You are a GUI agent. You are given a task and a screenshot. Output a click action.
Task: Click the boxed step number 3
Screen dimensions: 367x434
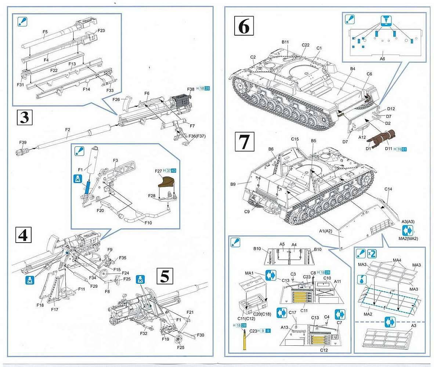pyautogui.click(x=24, y=118)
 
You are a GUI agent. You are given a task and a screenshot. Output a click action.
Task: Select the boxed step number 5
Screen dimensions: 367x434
pyautogui.click(x=164, y=276)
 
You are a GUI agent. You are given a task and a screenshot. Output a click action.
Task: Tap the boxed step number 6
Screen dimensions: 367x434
pyautogui.click(x=244, y=26)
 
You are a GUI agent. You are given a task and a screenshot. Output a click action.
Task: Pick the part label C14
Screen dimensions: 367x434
pyautogui.click(x=388, y=189)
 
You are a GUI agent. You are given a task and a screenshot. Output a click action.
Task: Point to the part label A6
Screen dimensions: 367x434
pyautogui.click(x=382, y=58)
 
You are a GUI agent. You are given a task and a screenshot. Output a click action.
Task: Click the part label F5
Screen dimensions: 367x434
pyautogui.click(x=45, y=32)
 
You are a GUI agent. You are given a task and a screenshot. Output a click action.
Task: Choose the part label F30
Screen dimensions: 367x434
pyautogui.click(x=200, y=335)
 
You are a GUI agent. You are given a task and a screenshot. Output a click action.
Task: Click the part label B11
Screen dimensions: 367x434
pyautogui.click(x=285, y=42)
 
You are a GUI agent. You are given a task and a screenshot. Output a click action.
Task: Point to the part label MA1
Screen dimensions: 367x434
pyautogui.click(x=249, y=273)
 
